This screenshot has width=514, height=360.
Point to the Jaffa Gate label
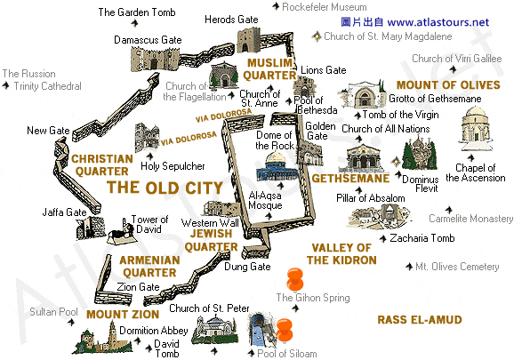point(64,212)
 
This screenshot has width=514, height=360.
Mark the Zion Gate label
point(139,287)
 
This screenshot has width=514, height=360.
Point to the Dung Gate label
point(248,266)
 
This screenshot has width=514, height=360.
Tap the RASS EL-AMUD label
point(415,319)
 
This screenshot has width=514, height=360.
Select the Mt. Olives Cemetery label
point(459,266)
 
